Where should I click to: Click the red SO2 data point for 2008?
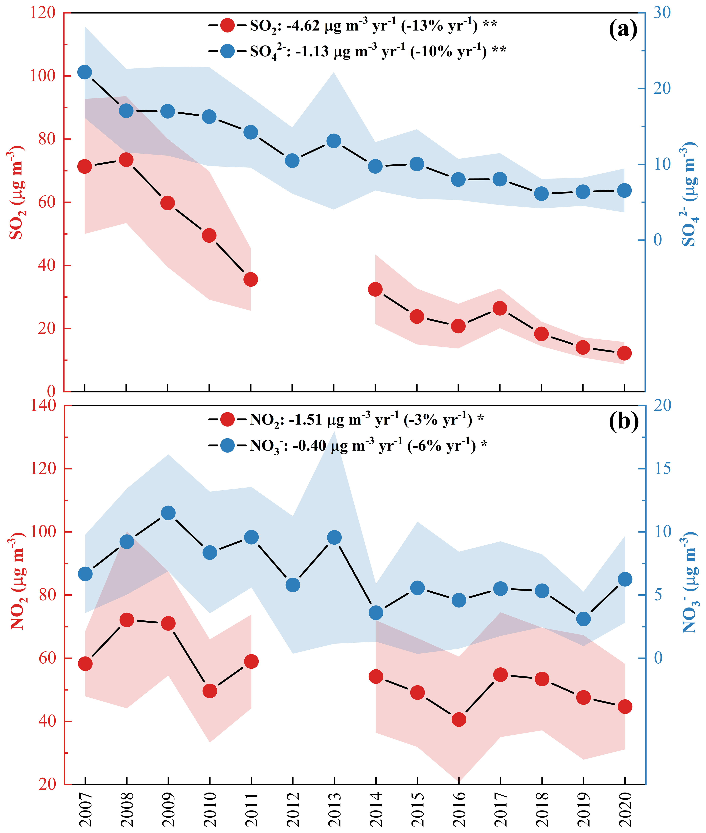pos(126,160)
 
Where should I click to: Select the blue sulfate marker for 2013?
pos(334,141)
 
